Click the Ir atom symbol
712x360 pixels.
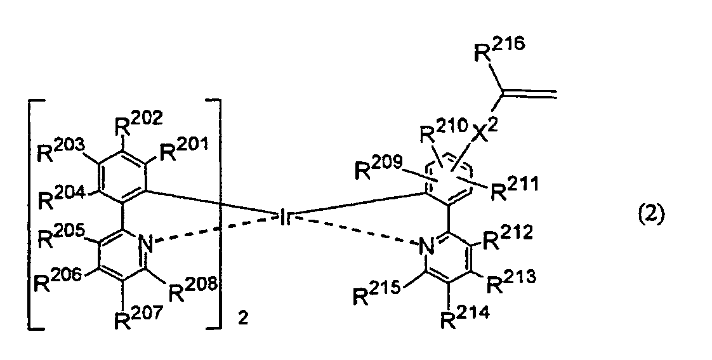[x=284, y=217]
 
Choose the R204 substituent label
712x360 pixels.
[x=60, y=196]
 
